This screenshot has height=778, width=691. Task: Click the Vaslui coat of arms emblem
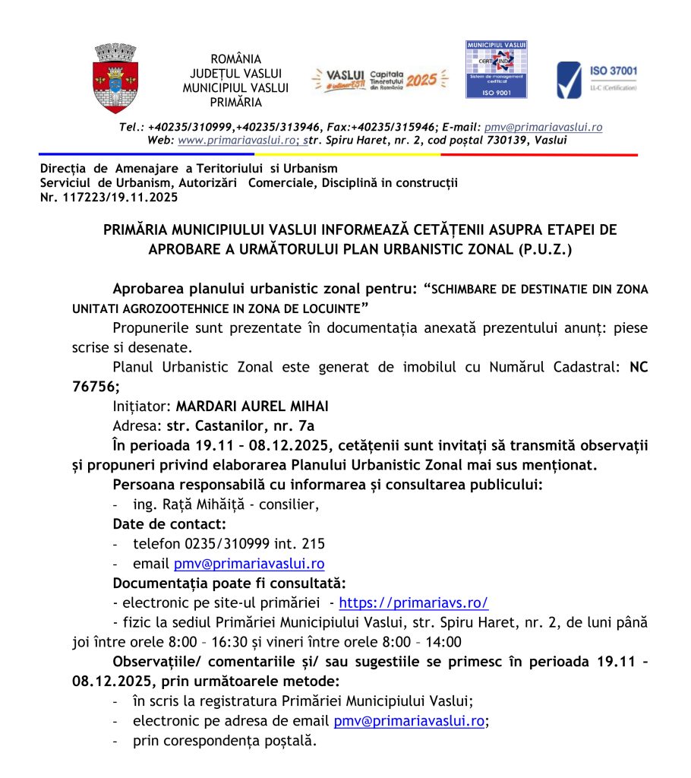tap(115, 77)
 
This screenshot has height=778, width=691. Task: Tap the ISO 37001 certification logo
tap(596, 79)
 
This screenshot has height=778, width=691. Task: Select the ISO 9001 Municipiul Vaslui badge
tap(496, 69)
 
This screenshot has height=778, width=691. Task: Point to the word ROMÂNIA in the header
tap(235, 59)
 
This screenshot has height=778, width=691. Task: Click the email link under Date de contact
tap(249, 564)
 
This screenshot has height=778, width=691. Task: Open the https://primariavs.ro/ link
tap(413, 603)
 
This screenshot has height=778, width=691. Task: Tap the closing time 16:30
tap(233, 642)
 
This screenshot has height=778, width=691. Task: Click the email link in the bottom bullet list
tap(409, 721)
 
